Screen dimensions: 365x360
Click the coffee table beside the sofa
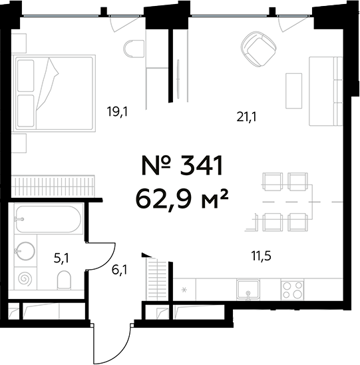point(293,89)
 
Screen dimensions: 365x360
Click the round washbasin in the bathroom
point(26,251)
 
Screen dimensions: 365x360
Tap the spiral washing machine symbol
point(26,278)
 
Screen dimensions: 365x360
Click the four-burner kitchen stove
point(293,290)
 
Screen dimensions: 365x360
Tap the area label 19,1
point(116,111)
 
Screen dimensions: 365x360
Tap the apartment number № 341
point(182,165)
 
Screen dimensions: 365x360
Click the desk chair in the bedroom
point(134,50)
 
